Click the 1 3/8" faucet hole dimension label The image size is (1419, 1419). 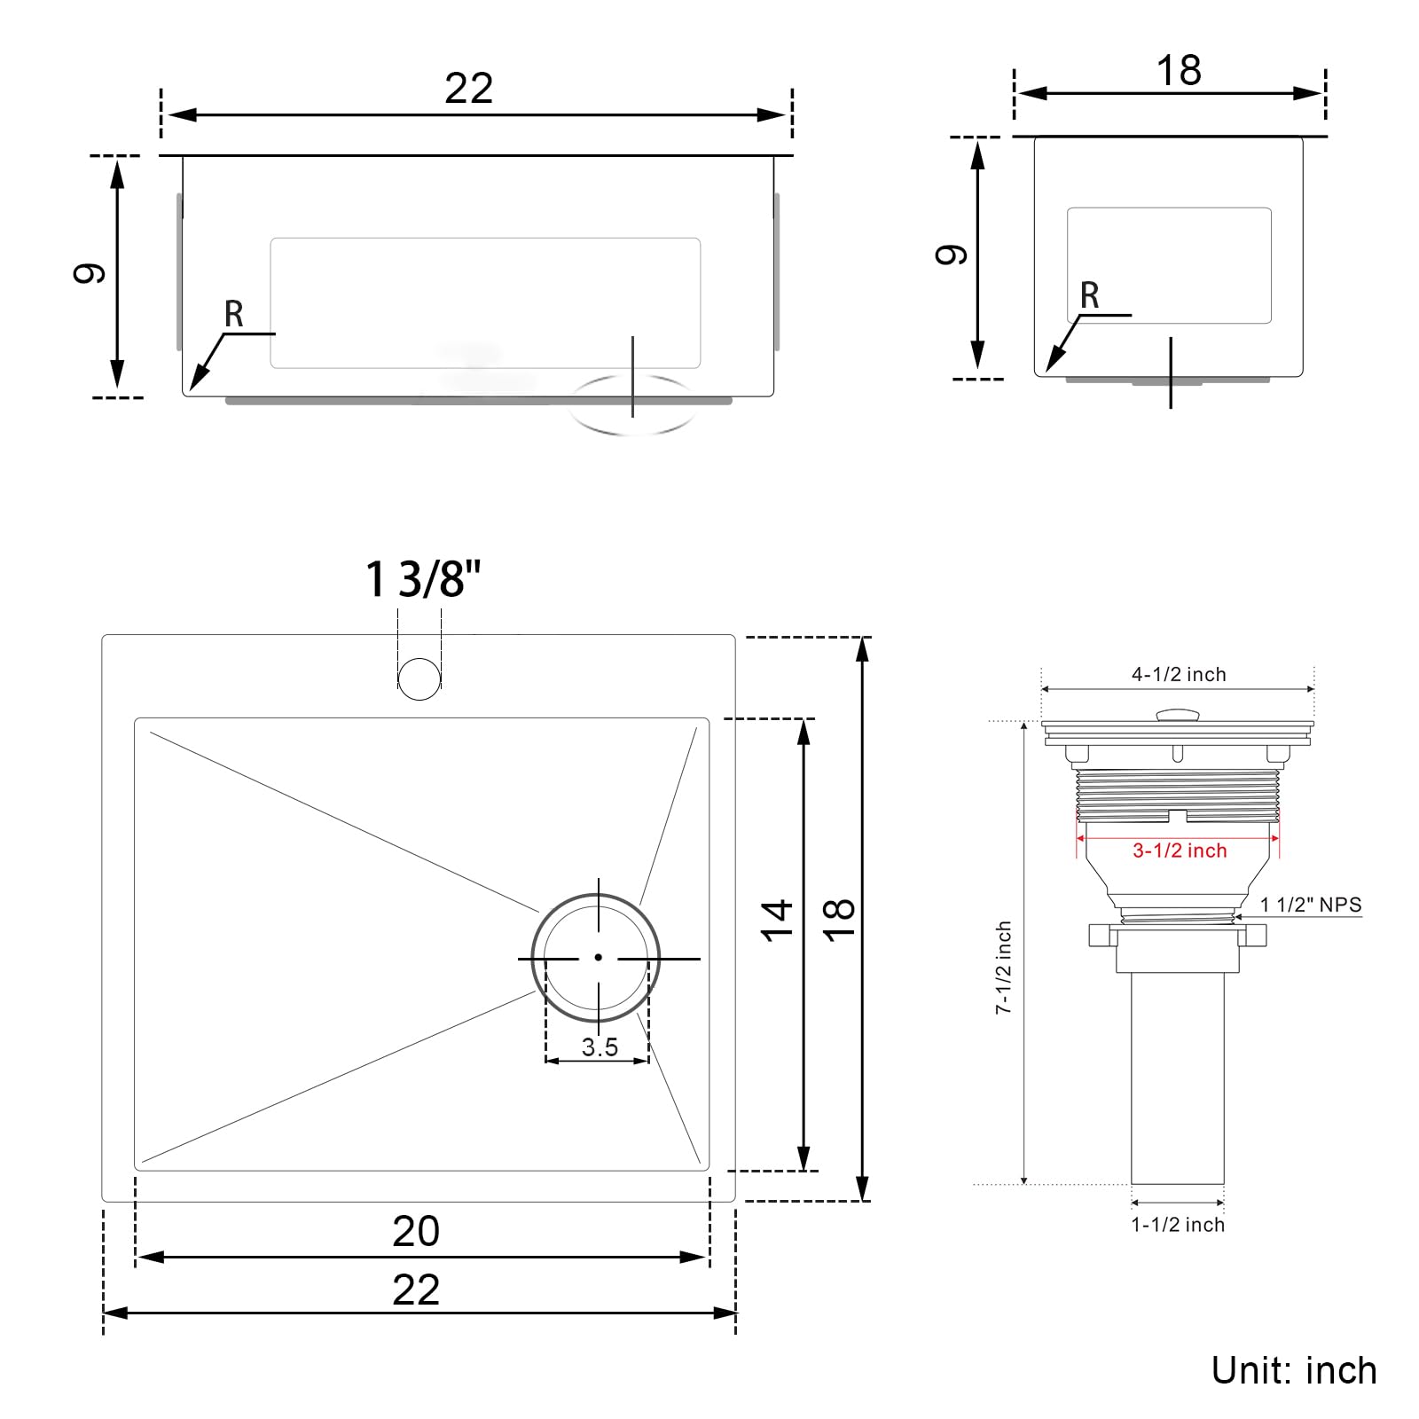click(423, 579)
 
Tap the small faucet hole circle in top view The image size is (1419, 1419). click(419, 678)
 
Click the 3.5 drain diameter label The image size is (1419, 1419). click(600, 1047)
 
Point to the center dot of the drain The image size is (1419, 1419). click(599, 957)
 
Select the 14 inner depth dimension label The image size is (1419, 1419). click(776, 920)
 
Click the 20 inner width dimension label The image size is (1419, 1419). click(416, 1231)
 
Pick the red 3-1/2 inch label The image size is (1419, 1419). click(1180, 851)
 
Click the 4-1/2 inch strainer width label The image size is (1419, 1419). click(1179, 674)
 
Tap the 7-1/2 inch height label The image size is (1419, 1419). click(1003, 968)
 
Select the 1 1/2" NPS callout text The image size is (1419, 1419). click(1311, 905)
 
